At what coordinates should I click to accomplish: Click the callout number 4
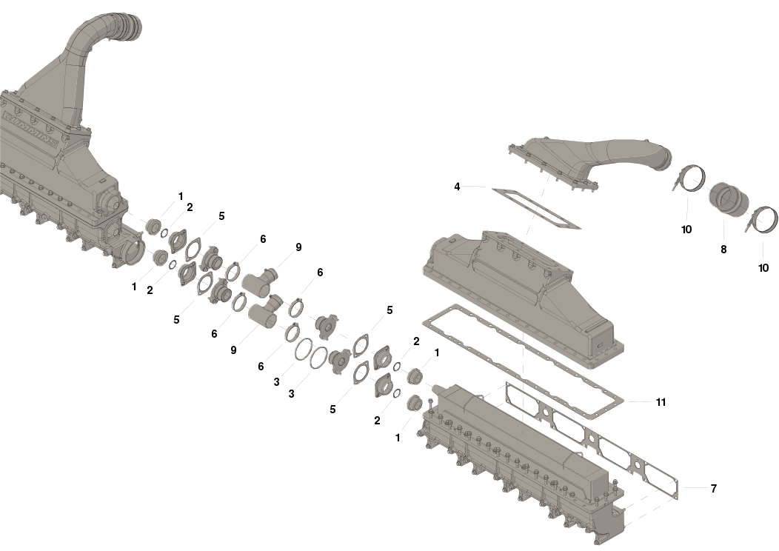[457, 187]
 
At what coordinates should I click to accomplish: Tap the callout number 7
[714, 488]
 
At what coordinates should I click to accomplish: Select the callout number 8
[723, 250]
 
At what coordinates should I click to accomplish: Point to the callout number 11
[661, 402]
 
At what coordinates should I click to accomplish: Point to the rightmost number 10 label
[763, 268]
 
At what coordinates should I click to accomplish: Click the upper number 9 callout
[298, 247]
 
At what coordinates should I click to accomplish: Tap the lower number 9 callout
[233, 350]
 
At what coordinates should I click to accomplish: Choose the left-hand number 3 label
[276, 382]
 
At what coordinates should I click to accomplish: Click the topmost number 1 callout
[181, 196]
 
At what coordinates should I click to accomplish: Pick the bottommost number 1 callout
[398, 438]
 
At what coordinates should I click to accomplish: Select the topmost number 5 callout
[221, 216]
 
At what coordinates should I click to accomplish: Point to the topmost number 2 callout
[190, 207]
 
